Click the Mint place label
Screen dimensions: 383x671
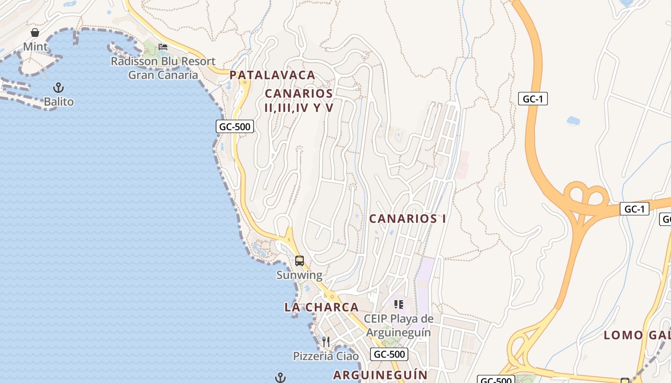coord(35,46)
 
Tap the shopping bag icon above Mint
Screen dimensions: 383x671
coord(35,33)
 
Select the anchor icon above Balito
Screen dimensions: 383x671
coord(58,88)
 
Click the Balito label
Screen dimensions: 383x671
coord(58,101)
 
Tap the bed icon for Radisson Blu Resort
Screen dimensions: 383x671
coord(163,47)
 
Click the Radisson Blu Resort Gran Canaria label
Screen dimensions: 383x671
coord(163,68)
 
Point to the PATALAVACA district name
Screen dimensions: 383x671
coord(272,75)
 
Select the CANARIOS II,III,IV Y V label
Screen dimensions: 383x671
coord(299,101)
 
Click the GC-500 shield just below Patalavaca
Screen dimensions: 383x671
coord(235,126)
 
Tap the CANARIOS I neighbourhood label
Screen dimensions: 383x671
coord(407,219)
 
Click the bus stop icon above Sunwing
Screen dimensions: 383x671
coord(300,261)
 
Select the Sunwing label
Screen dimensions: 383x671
coord(299,275)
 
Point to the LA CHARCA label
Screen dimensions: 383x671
coord(322,307)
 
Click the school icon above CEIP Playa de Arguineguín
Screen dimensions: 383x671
coord(398,304)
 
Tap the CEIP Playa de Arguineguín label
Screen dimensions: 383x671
coord(398,326)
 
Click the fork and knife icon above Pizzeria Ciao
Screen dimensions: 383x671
coord(326,342)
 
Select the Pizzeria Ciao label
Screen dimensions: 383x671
coord(326,356)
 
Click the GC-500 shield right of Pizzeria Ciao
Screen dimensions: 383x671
coord(389,354)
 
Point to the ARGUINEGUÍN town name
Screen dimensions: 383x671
coord(380,374)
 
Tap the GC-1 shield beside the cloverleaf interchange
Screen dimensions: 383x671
coord(634,209)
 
